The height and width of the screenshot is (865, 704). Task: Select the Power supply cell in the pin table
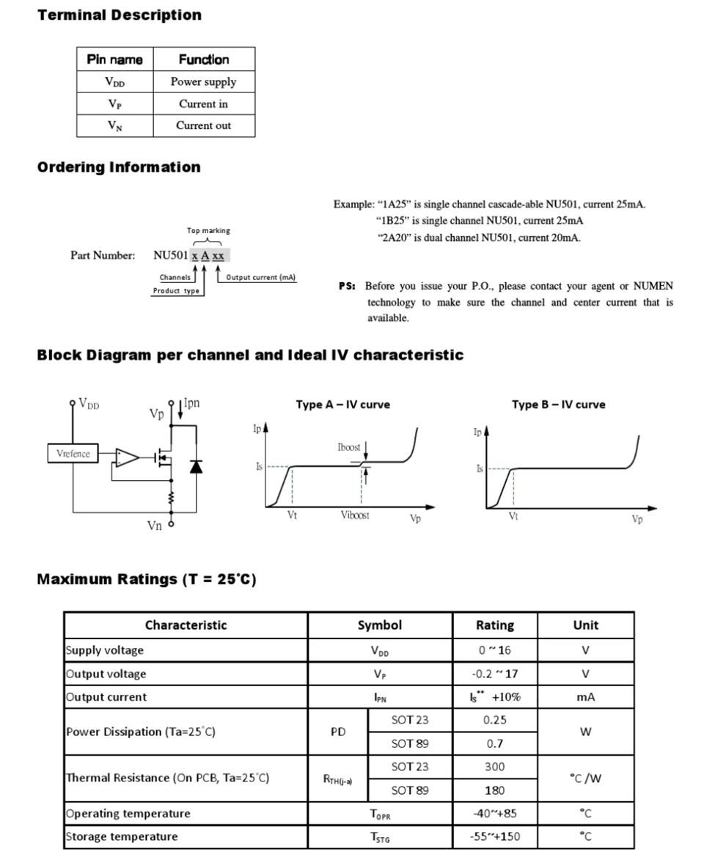tap(203, 82)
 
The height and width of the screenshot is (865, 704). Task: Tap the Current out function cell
tap(203, 125)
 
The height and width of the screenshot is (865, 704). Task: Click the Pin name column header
tap(115, 59)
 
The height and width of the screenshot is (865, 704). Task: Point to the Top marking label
tap(208, 230)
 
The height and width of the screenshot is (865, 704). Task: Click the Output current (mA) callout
tap(261, 277)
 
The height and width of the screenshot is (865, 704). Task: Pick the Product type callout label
tap(176, 291)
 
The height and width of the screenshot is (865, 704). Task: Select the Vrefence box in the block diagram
tap(73, 454)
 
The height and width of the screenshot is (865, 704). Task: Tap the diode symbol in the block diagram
tap(196, 466)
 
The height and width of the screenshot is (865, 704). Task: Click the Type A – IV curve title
tap(342, 405)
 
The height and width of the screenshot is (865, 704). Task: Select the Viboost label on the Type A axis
tap(355, 515)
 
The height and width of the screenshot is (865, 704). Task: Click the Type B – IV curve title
tap(558, 405)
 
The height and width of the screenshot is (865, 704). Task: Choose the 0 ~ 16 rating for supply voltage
tap(494, 650)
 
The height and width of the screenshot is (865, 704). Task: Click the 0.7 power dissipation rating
tap(494, 743)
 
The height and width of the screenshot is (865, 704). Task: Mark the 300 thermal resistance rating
tap(494, 767)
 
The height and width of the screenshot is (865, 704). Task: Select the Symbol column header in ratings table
tap(379, 625)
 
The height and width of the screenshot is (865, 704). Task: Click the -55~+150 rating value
tap(495, 836)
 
